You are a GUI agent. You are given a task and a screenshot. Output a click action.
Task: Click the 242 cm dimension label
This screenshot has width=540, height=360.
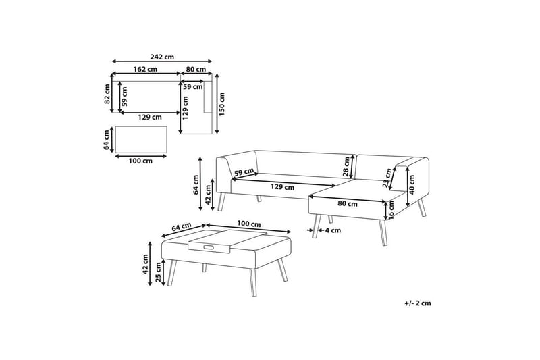pyautogui.click(x=162, y=57)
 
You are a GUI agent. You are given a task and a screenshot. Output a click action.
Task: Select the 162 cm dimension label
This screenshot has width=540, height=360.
pyautogui.click(x=145, y=70)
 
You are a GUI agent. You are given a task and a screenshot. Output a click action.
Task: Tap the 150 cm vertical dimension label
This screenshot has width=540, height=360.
pyautogui.click(x=222, y=104)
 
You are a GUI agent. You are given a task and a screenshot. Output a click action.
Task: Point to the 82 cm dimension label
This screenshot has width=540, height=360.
pyautogui.click(x=107, y=95)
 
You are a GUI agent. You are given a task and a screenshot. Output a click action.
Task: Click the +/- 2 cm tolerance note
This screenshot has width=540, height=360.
pyautogui.click(x=418, y=303)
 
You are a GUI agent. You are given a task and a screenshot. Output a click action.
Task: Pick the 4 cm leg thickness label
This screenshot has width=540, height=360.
pyautogui.click(x=333, y=230)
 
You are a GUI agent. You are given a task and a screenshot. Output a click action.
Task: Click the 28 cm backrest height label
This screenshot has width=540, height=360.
pyautogui.click(x=346, y=166)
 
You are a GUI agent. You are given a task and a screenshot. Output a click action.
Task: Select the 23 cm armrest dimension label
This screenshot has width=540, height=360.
pyautogui.click(x=387, y=178)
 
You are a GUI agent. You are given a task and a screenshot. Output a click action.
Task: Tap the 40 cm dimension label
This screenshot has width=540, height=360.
pyautogui.click(x=412, y=184)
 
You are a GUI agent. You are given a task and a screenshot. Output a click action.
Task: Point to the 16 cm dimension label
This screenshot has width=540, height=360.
pyautogui.click(x=392, y=210)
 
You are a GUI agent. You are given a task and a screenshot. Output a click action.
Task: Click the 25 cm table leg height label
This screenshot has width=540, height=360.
pyautogui.click(x=159, y=272)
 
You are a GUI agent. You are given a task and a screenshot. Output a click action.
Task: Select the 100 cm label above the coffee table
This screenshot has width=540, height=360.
pyautogui.click(x=248, y=224)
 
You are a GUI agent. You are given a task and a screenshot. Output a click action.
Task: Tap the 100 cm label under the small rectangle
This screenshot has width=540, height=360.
pyautogui.click(x=140, y=161)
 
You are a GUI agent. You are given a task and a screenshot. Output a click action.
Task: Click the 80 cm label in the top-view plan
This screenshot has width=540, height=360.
pyautogui.click(x=196, y=70)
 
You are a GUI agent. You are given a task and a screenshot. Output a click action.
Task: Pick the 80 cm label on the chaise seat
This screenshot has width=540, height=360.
pyautogui.click(x=348, y=203)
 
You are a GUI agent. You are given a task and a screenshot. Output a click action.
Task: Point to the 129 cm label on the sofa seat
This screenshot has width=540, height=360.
pyautogui.click(x=282, y=187)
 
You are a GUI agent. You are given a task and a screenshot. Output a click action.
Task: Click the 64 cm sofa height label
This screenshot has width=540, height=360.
pyautogui.click(x=196, y=185)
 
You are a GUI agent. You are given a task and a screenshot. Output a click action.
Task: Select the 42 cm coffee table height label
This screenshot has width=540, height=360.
pyautogui.click(x=145, y=264)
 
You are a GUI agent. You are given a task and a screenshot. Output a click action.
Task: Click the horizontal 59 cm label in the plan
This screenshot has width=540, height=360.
pyautogui.click(x=193, y=87)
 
